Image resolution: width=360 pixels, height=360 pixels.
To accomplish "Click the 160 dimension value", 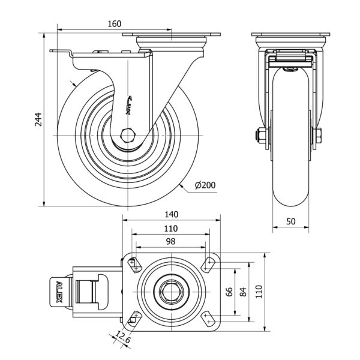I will (x=114, y=24).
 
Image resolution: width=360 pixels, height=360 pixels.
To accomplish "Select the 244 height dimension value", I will (x=37, y=119).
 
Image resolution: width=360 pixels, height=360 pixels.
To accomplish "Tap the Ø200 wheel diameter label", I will (x=205, y=185).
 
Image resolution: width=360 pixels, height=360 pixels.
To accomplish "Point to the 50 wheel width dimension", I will (x=290, y=221).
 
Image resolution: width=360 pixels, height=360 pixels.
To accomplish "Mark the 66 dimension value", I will (x=229, y=292).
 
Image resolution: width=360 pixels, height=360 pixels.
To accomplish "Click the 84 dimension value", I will (x=242, y=292).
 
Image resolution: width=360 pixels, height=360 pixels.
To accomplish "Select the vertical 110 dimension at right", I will (x=259, y=292).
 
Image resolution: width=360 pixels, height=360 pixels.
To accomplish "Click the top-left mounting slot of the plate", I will (x=134, y=263).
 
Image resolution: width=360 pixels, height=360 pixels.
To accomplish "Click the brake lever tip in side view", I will (x=56, y=53).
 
